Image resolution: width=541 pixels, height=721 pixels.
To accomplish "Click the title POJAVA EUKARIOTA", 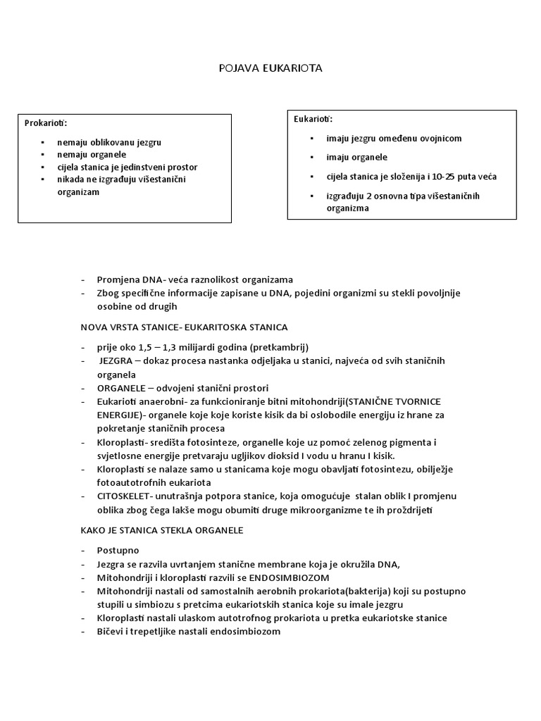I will point(270,69).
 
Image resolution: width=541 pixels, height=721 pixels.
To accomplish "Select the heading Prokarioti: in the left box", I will point(46,123).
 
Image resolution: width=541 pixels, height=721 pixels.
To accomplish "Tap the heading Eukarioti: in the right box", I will point(313,118).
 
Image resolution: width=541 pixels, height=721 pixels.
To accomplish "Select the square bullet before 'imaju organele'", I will point(311,158).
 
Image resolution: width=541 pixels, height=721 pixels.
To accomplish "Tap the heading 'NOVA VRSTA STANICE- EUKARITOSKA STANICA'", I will point(183,327).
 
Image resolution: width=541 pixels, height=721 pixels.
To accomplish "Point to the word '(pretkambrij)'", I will point(280,348).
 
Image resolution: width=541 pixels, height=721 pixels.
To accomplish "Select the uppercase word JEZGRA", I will point(117,361).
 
